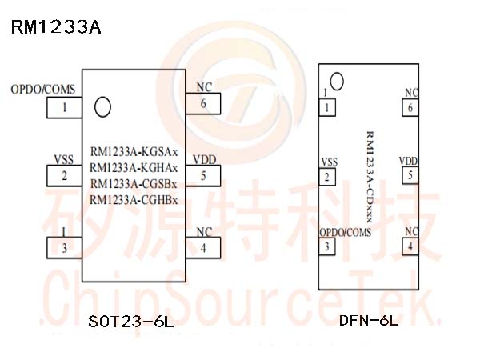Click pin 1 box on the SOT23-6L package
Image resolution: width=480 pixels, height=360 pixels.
(x=65, y=106)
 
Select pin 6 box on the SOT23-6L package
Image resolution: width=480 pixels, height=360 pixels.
(x=204, y=103)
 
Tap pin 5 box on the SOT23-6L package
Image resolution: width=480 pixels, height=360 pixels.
(x=204, y=176)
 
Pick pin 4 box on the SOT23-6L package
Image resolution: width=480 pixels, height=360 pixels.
(x=204, y=247)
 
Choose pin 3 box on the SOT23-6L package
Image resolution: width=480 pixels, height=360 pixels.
(x=65, y=247)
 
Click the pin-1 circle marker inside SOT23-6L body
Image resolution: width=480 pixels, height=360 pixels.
(x=102, y=106)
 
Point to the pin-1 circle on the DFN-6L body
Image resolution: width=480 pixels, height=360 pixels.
(x=337, y=80)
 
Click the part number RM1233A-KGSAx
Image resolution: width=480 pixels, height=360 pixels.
(x=134, y=151)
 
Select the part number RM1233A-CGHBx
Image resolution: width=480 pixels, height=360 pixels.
(x=134, y=200)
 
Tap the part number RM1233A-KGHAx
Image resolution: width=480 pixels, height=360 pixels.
(x=134, y=167)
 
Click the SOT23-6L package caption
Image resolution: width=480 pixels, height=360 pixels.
(x=131, y=322)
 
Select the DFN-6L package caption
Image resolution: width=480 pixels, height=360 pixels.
(x=368, y=322)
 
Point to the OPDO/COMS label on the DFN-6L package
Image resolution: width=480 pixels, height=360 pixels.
(x=346, y=232)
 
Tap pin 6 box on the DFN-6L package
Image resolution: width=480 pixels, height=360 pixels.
(x=410, y=107)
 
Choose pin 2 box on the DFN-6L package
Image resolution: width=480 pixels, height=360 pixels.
(x=326, y=177)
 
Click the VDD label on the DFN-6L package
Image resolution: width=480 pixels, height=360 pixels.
(x=408, y=162)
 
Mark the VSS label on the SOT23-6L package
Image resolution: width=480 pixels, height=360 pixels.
(x=63, y=158)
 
